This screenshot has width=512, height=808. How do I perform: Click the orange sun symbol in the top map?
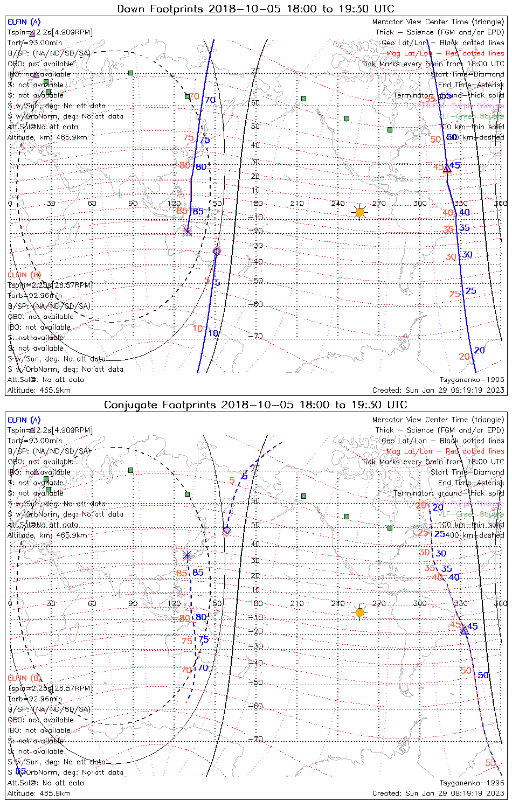click(360, 212)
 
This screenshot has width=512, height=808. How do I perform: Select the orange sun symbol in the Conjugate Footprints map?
click(360, 612)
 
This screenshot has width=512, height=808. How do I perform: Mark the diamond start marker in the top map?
click(217, 251)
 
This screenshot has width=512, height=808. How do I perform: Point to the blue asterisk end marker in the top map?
click(188, 231)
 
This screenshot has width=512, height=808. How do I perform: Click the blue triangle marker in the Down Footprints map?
click(447, 169)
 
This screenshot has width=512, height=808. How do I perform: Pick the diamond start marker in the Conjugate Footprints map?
click(227, 531)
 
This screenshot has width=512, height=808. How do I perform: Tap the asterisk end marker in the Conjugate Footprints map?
click(187, 555)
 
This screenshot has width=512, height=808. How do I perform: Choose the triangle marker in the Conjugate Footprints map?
click(465, 630)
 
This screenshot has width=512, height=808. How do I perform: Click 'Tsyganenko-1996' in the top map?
click(472, 380)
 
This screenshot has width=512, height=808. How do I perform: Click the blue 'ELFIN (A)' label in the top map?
click(24, 22)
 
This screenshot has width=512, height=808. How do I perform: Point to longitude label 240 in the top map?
click(338, 204)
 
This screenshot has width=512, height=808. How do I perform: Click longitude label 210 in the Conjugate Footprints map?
click(297, 603)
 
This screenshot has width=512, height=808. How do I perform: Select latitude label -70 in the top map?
click(257, 337)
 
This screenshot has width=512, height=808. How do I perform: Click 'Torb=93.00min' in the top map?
click(34, 43)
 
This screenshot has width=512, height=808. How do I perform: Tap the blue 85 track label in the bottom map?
click(198, 573)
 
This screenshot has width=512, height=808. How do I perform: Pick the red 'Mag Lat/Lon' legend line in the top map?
click(445, 53)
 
